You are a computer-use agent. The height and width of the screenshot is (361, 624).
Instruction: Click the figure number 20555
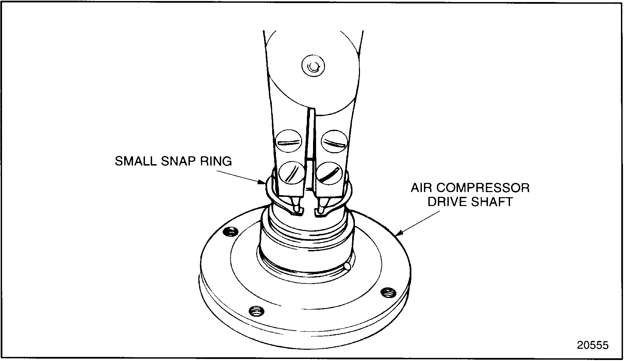coord(592,345)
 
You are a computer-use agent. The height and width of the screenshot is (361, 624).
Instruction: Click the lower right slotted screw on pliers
coord(329,173)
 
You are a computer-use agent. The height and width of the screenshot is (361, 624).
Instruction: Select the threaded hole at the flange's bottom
coord(256,311)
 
